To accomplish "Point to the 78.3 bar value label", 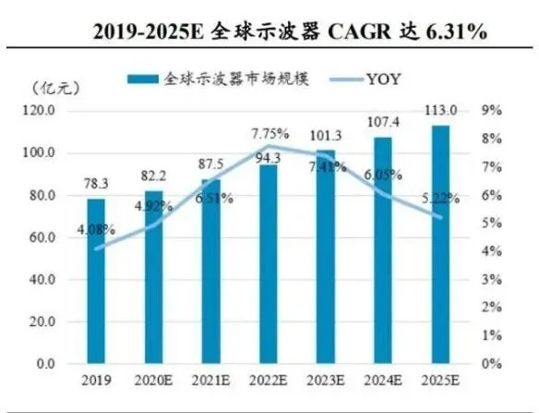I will coord(96,184).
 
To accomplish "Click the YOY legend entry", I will coord(389,79).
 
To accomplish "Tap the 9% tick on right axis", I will coord(492,110).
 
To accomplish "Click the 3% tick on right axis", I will coord(492,279).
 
